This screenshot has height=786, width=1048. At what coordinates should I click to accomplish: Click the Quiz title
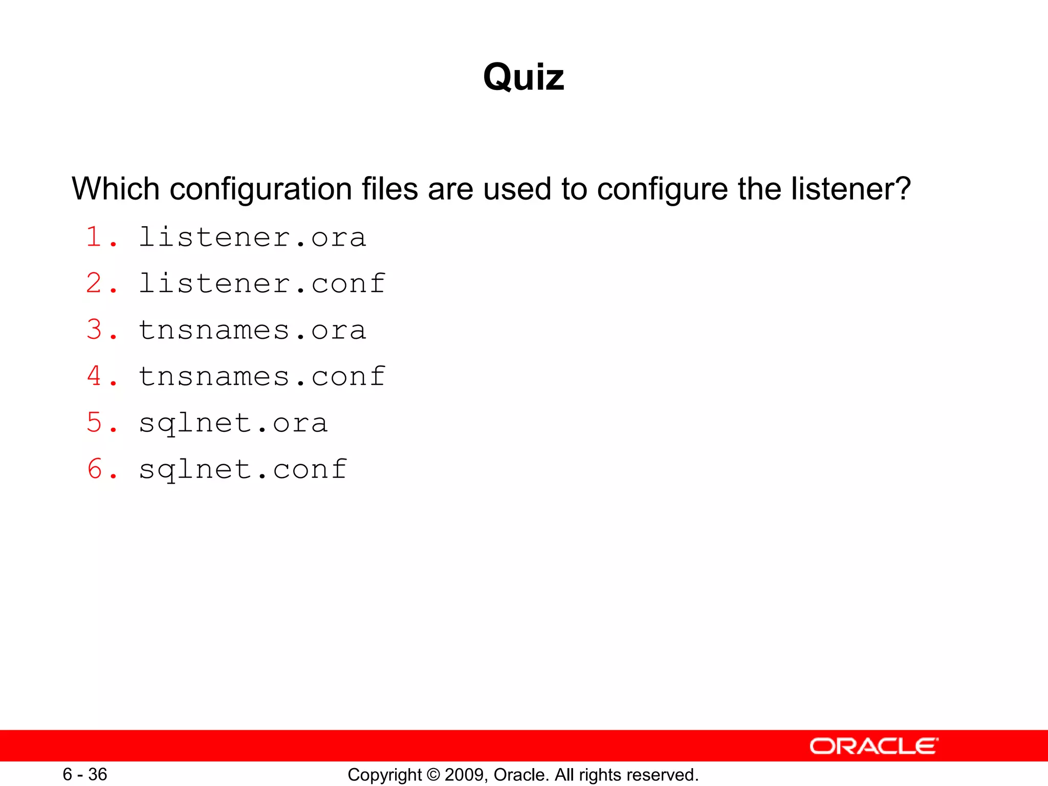pos(523,77)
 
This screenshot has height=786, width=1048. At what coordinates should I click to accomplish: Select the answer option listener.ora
pos(252,237)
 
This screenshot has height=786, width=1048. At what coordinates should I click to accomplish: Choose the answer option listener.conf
pos(261,283)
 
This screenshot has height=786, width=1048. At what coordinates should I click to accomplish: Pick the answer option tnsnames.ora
pos(252,330)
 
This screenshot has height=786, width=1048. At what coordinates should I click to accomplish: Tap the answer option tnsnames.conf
pos(261,377)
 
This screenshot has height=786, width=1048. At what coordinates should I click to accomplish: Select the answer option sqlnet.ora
pos(233,423)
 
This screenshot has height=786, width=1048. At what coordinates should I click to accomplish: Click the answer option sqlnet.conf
pos(243,470)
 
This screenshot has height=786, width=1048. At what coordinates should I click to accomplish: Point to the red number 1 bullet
pos(95,237)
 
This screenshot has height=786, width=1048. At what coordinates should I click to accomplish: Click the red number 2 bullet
pos(95,283)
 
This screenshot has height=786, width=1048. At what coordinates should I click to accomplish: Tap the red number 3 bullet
pos(95,330)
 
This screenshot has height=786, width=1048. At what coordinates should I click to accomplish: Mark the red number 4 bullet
pos(95,376)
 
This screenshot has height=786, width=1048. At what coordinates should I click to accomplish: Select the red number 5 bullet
pos(95,423)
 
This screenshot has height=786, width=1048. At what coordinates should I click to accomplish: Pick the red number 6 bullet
pos(95,469)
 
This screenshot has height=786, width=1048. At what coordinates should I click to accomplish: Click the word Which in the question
pos(116,189)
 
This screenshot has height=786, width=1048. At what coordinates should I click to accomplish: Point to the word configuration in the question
pos(261,190)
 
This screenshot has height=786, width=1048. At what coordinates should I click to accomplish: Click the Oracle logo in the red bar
pos(874,746)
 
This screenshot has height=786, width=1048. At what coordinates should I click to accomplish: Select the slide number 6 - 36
pos(84,774)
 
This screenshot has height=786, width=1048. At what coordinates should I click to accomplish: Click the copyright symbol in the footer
pos(433,775)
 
